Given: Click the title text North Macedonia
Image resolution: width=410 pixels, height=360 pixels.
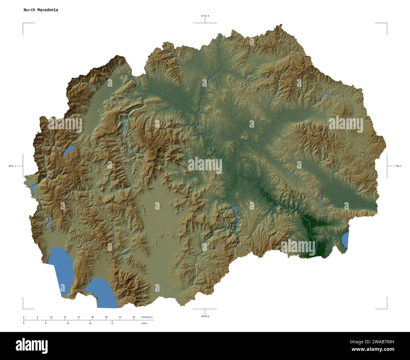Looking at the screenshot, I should (x=41, y=10).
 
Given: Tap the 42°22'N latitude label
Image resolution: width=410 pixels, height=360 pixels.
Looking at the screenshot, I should (x=205, y=16).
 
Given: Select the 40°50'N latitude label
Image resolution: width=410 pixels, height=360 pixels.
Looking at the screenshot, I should (x=205, y=316).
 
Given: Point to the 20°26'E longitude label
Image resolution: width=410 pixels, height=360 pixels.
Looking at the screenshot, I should (x=13, y=166).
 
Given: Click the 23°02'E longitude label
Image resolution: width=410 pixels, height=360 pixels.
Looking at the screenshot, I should (x=397, y=166).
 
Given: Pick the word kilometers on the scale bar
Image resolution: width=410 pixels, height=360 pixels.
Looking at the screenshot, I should (x=147, y=317).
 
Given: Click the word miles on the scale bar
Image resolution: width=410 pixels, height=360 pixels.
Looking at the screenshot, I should (x=144, y=323).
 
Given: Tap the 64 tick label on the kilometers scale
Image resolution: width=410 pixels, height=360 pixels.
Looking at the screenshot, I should (x=134, y=317).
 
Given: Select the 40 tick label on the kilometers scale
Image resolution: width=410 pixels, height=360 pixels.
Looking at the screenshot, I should (x=92, y=317).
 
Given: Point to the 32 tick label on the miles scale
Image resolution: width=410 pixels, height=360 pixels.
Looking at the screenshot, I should (x=112, y=323).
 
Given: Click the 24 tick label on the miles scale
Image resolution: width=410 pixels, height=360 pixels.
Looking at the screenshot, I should (x=90, y=323).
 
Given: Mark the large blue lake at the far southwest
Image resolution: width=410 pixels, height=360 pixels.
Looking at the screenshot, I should (x=61, y=268).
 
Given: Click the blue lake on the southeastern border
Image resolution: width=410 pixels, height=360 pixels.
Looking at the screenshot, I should (x=345, y=240).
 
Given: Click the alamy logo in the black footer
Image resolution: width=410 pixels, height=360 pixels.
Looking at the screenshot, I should (x=32, y=345).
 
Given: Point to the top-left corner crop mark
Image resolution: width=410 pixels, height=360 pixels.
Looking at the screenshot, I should (x=23, y=24).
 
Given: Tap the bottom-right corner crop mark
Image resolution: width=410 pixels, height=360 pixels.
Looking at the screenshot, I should (x=386, y=308).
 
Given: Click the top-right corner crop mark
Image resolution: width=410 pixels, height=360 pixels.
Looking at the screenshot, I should (x=386, y=24).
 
